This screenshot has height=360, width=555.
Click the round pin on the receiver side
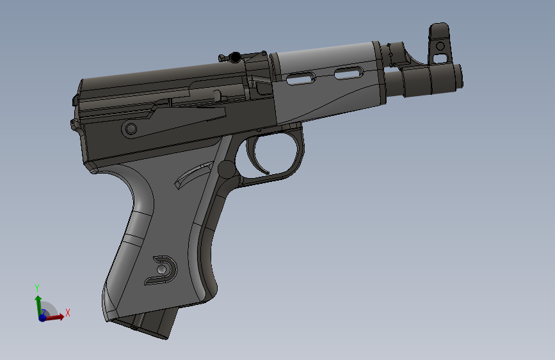[131, 129]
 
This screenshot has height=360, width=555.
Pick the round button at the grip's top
[226, 170]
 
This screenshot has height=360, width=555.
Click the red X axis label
[68, 312]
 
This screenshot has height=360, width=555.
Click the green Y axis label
[38, 288]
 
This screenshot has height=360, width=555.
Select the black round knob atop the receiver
[236, 57]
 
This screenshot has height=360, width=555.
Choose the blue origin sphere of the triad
[42, 318]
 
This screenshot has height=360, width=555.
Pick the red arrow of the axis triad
[56, 316]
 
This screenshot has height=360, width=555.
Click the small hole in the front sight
[440, 46]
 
